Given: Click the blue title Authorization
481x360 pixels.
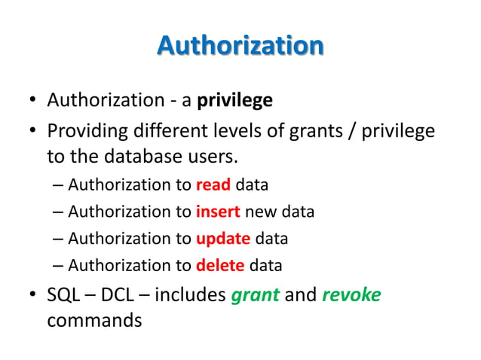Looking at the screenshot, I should (x=240, y=46).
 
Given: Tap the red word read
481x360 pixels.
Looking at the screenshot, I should (x=213, y=185).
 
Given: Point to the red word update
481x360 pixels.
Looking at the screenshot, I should (x=222, y=239).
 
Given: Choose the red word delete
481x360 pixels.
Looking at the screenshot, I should (x=220, y=265).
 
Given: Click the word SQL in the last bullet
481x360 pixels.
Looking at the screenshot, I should (x=64, y=294).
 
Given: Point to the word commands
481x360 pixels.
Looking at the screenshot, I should (x=93, y=320).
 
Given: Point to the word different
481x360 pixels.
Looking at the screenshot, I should (x=170, y=132).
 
